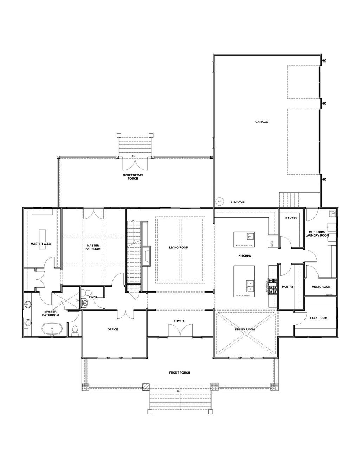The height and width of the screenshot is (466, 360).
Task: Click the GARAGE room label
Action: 261,122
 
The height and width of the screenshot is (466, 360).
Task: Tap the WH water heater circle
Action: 219,202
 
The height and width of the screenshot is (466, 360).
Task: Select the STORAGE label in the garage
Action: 237,202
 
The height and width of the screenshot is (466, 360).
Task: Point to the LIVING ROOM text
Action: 179,248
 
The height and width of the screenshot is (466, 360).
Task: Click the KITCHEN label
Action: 245,256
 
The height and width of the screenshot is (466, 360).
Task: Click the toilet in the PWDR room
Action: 88,292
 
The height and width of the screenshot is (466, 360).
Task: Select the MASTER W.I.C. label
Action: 41,244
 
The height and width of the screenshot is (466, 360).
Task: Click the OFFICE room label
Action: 112,330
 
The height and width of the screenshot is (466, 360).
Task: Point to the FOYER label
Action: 179,321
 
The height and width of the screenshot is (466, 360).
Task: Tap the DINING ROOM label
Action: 245,330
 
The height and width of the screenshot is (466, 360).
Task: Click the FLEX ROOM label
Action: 319,318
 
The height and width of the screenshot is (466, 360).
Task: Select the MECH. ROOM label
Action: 320,287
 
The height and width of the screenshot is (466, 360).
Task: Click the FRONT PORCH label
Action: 179,373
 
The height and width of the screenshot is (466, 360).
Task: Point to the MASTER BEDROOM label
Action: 93,247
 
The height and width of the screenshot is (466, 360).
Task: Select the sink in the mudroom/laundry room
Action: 332,213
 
